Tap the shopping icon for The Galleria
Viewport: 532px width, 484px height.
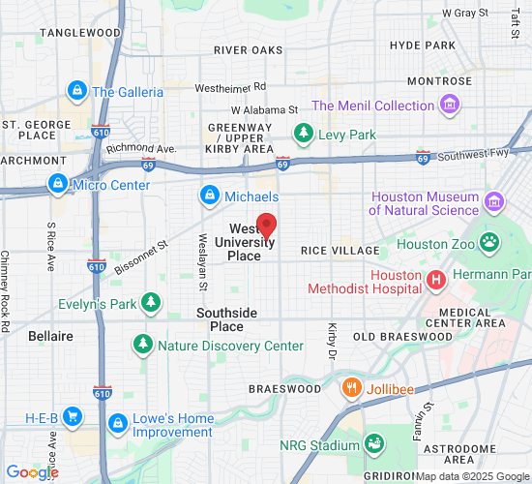point(76,92)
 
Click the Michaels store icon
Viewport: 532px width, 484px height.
point(208,197)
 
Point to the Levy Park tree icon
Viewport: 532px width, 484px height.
point(304,134)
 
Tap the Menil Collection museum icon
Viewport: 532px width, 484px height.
point(449,105)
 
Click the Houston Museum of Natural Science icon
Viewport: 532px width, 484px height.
point(495,202)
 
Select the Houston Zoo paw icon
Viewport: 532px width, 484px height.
point(490,243)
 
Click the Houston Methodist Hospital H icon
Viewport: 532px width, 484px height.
point(436,280)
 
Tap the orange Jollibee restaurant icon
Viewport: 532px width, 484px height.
point(352,388)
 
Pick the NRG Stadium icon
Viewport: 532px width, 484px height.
point(373,444)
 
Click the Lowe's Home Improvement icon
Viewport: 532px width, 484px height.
point(118,424)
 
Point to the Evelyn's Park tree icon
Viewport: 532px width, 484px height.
point(150,303)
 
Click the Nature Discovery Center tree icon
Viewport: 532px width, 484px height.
point(142,345)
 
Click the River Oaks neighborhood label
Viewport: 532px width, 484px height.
point(249,49)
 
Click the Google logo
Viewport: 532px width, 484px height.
point(32,472)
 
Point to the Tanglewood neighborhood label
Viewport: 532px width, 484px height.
point(80,32)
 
